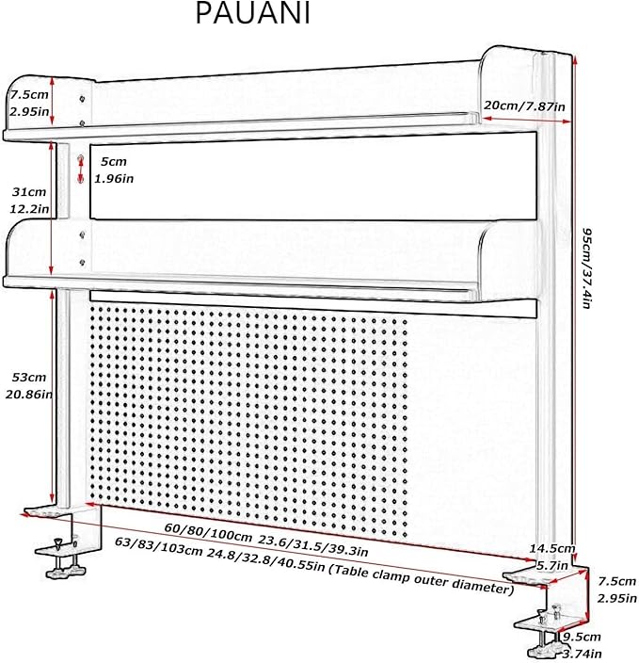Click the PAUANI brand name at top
pos(253,13)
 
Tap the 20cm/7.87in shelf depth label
pos(524,105)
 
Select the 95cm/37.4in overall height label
pos(586,268)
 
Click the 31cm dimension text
pos(29,192)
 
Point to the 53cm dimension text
pos(29,377)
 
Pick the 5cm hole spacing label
pos(114,162)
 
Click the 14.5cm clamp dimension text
pos(552,549)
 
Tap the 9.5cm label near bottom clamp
pos(582,638)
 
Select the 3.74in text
pos(582,655)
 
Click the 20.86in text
pos(29,394)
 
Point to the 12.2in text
pos(29,209)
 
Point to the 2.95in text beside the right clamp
pos(617,598)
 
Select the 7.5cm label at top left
pos(29,95)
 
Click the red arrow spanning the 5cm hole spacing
pos(81,170)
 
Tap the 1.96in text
pos(114,179)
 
